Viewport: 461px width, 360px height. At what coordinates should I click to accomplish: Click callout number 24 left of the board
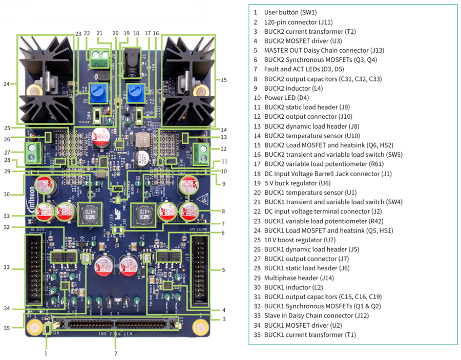pyautogui.click(x=7, y=83)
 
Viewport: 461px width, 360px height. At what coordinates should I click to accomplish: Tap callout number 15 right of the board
pyautogui.click(x=224, y=79)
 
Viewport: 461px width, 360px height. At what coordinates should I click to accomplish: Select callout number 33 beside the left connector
pyautogui.click(x=7, y=267)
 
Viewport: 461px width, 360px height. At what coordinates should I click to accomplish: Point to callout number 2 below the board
pyautogui.click(x=116, y=353)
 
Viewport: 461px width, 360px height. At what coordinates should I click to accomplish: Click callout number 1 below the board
pyautogui.click(x=46, y=353)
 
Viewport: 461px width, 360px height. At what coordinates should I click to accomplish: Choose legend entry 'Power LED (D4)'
pyautogui.click(x=286, y=98)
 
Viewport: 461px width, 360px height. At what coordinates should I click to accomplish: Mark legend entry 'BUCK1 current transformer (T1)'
pyautogui.click(x=309, y=334)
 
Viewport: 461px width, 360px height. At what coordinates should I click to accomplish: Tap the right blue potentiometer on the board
pyautogui.click(x=136, y=93)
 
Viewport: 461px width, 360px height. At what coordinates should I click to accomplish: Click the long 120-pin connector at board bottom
pyautogui.click(x=116, y=325)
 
